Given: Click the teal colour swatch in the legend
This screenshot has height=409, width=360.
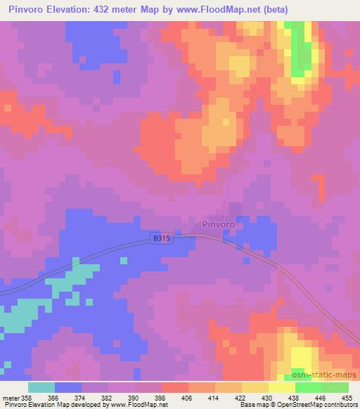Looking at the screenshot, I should coord(41,388).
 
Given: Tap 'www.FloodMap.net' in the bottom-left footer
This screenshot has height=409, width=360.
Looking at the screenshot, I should coord(134,405).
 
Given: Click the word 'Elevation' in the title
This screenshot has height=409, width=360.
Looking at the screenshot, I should coord(75,10).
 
